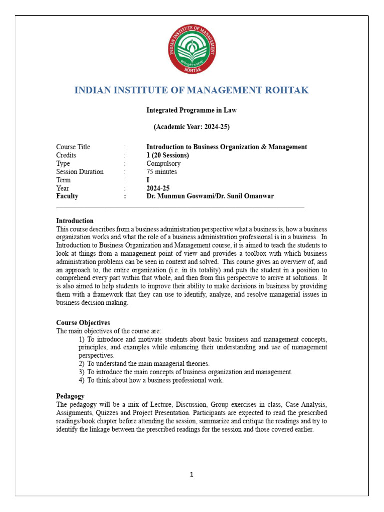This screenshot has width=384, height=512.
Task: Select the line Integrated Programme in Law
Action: click(x=191, y=110)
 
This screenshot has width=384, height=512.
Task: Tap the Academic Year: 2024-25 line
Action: click(x=191, y=127)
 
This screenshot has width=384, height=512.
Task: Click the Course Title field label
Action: click(x=73, y=147)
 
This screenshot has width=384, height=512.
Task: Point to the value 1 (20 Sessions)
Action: click(x=168, y=155)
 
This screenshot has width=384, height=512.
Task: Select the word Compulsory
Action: click(x=164, y=163)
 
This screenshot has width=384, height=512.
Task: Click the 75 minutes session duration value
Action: click(x=162, y=172)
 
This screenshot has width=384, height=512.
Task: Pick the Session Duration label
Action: click(x=80, y=172)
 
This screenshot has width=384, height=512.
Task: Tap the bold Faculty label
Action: click(x=67, y=196)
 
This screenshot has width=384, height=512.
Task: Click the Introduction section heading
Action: click(x=75, y=221)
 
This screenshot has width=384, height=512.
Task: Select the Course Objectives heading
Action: click(x=83, y=323)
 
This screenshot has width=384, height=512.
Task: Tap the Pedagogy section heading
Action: click(x=70, y=396)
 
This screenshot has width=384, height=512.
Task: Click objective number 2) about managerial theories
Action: click(x=148, y=364)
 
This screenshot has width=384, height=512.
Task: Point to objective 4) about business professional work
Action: click(x=155, y=380)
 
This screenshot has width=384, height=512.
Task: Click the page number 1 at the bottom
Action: click(x=191, y=475)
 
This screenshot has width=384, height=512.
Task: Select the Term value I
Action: click(x=148, y=180)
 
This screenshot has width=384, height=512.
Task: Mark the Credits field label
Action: click(x=66, y=155)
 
